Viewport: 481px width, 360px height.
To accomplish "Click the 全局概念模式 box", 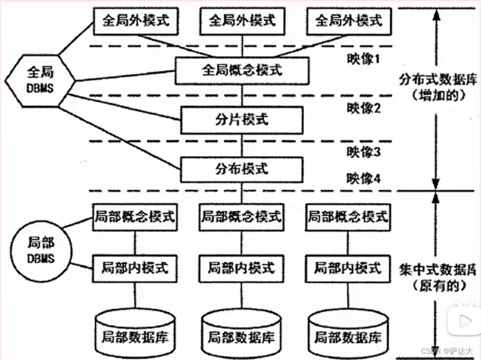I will pos(242,70).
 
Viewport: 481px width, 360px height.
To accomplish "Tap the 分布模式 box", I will pos(242,169).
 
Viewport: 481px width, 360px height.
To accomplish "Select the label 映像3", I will pos(363,153).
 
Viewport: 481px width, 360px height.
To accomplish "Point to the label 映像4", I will pos(363,178).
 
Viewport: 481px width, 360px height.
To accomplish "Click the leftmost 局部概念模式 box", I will pos(135,216).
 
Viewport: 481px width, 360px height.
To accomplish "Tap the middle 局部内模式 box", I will pos(242,265).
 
